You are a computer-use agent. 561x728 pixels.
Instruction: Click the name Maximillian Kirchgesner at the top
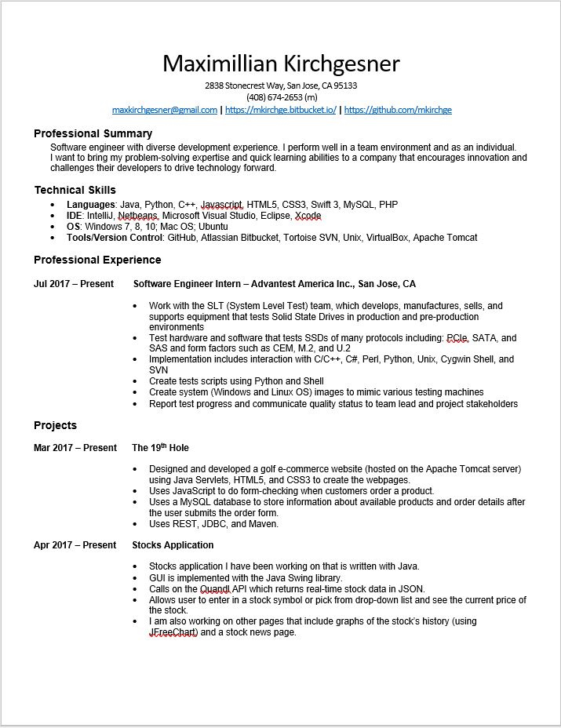[280, 64]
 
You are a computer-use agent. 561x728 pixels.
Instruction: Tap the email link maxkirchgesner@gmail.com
[164, 110]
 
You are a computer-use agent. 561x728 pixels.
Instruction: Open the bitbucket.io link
[280, 110]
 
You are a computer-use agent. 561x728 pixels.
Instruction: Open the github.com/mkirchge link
[398, 110]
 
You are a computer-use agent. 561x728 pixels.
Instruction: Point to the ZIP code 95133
[344, 86]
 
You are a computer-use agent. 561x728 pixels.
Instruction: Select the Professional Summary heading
[93, 133]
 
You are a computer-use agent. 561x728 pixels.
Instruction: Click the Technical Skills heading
[75, 190]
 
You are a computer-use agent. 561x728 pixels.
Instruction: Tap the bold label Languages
[90, 205]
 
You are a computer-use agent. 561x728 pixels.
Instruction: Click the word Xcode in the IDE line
[308, 216]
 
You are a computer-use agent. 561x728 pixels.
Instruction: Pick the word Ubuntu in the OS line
[213, 227]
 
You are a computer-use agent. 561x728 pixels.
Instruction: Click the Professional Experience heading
[97, 260]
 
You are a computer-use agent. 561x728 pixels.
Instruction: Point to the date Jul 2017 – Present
[73, 284]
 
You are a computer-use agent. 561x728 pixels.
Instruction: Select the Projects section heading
[55, 425]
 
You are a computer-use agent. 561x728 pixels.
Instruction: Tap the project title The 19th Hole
[160, 448]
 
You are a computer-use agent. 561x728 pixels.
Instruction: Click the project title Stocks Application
[173, 545]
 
